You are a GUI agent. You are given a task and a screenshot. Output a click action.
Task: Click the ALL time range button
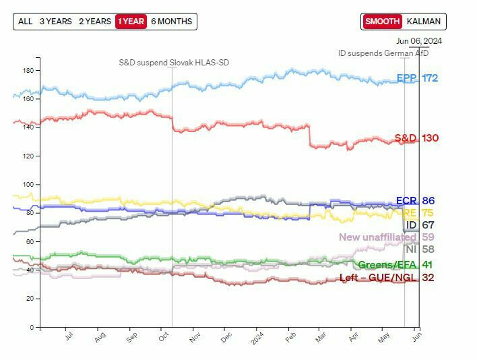click(26, 22)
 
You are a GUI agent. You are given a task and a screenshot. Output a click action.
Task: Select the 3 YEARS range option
click(55, 22)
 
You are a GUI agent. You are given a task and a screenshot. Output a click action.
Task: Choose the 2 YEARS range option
click(95, 22)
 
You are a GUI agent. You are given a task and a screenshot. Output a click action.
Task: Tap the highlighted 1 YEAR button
click(131, 22)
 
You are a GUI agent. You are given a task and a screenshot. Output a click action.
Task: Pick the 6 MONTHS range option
click(171, 22)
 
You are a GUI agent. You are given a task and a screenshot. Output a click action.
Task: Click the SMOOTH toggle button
click(383, 22)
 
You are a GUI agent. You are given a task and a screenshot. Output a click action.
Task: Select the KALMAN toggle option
click(424, 22)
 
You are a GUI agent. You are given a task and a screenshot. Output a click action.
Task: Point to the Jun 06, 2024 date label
click(418, 41)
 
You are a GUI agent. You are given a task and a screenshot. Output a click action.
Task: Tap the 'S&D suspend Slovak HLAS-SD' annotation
click(174, 63)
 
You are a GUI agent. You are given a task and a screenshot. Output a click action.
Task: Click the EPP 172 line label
click(417, 78)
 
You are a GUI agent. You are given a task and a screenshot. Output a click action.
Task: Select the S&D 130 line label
click(416, 138)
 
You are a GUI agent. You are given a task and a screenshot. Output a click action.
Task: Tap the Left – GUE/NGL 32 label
click(387, 277)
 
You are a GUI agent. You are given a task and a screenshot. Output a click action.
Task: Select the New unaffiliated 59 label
click(386, 237)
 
